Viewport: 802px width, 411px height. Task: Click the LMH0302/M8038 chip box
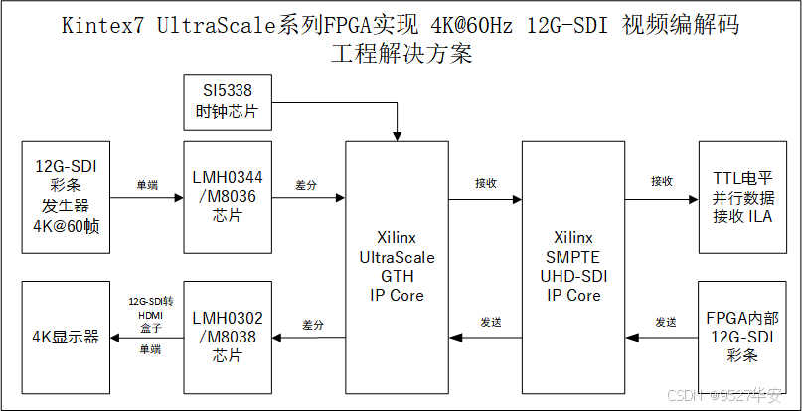(228, 337)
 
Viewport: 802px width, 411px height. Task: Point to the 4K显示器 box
(65, 338)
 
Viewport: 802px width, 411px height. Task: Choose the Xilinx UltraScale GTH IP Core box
(396, 266)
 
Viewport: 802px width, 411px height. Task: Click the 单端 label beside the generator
(147, 185)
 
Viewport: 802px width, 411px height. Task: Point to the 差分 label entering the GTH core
(308, 185)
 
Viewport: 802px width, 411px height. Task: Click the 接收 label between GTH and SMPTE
(486, 183)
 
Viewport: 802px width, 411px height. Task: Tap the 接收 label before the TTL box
(662, 182)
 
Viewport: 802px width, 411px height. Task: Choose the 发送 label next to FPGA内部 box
(665, 323)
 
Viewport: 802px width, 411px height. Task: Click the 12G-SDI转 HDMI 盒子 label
(150, 314)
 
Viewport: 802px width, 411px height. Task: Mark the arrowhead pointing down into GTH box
(396, 136)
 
